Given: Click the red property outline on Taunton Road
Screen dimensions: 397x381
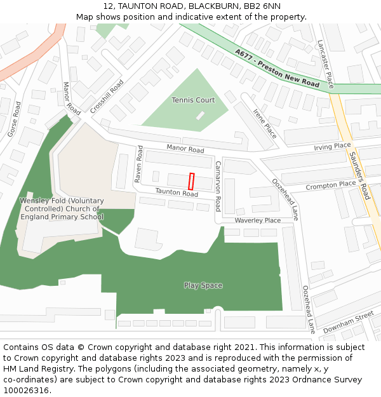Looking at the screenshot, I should [191, 181].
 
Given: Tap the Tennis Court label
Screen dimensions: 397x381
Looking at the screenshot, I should [193, 100].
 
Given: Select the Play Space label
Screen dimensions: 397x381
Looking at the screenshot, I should [203, 285].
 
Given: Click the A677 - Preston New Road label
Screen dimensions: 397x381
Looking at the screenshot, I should [277, 69].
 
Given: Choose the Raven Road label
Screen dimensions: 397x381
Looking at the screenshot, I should [140, 164].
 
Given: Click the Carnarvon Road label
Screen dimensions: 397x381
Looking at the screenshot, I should [217, 186].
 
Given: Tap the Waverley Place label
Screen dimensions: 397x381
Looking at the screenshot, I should [257, 220].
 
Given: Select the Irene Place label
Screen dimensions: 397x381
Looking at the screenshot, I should [265, 123].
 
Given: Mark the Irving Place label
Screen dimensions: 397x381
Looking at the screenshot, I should [332, 146].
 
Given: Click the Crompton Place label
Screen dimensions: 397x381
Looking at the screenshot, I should [330, 185].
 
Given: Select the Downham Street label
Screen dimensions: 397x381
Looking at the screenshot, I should [348, 322].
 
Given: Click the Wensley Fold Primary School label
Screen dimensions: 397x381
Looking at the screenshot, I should [61, 208].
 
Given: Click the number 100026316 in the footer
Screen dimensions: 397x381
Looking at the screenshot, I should [25, 390].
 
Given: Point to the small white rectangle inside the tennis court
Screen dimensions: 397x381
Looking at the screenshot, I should [201, 116].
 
